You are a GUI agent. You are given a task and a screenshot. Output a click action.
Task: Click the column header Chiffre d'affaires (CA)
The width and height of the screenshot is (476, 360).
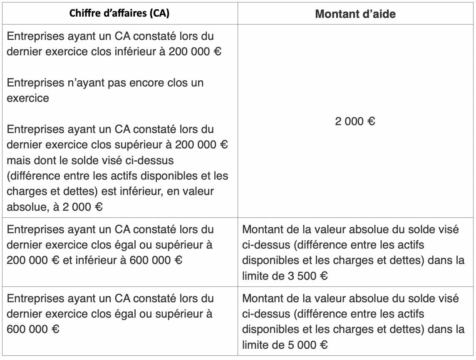click(x=119, y=13)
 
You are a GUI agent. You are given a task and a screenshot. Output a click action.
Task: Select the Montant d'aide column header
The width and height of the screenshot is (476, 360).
click(x=355, y=14)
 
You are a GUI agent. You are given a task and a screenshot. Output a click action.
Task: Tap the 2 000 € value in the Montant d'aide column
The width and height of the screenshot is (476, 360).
click(x=355, y=122)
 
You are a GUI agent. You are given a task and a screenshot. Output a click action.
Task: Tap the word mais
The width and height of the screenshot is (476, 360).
click(x=18, y=160)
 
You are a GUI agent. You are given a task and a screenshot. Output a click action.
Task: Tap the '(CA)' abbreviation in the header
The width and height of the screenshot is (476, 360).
click(x=161, y=13)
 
